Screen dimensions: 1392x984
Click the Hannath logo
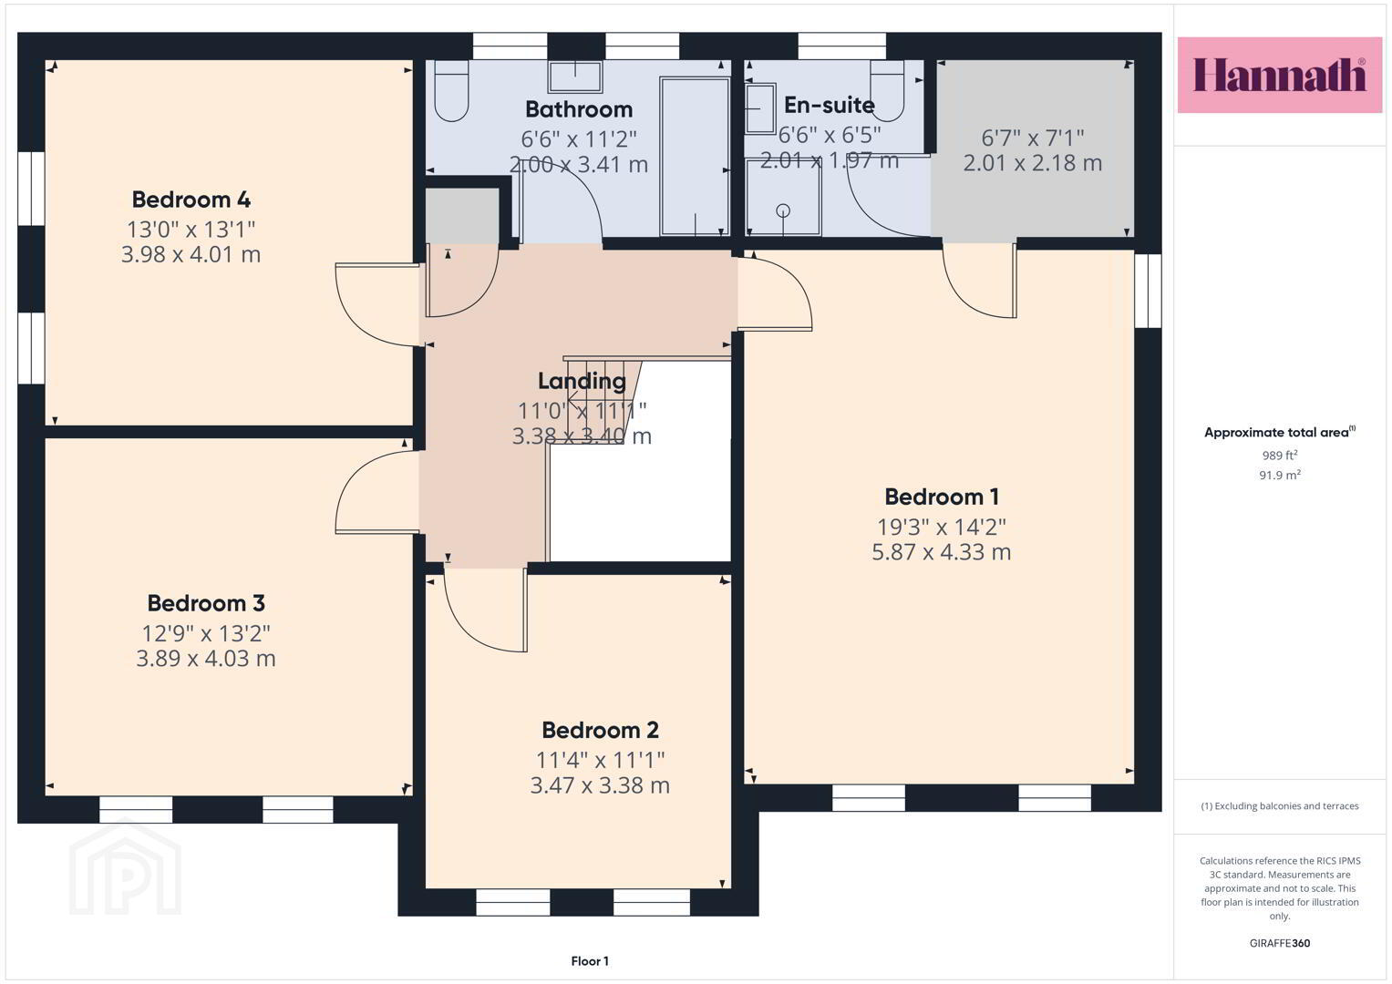pos(1280,75)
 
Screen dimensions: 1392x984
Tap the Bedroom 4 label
pos(191,200)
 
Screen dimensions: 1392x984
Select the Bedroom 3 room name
pos(206,603)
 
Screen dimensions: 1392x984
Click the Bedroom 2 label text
pos(600,730)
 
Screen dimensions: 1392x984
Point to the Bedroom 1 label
pos(942,497)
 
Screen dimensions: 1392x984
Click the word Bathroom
pos(579,109)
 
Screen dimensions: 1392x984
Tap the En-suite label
pos(829,105)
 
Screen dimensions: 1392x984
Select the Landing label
pos(582,381)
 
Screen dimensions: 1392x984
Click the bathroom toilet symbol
pos(451,91)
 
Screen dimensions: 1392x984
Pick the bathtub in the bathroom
pos(694,157)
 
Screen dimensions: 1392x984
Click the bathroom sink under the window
pos(575,77)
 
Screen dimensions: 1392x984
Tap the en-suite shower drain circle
pos(783,210)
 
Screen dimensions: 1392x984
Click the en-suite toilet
pos(887,90)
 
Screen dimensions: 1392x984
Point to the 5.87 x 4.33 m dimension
pos(942,551)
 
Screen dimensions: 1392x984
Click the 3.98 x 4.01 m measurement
pos(191,254)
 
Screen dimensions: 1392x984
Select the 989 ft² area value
pos(1280,455)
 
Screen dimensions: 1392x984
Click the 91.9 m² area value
pos(1280,475)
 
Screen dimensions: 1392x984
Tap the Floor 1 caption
pos(590,961)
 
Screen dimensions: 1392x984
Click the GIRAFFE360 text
pos(1280,943)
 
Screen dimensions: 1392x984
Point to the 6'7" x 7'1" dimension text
pos(1032,138)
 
